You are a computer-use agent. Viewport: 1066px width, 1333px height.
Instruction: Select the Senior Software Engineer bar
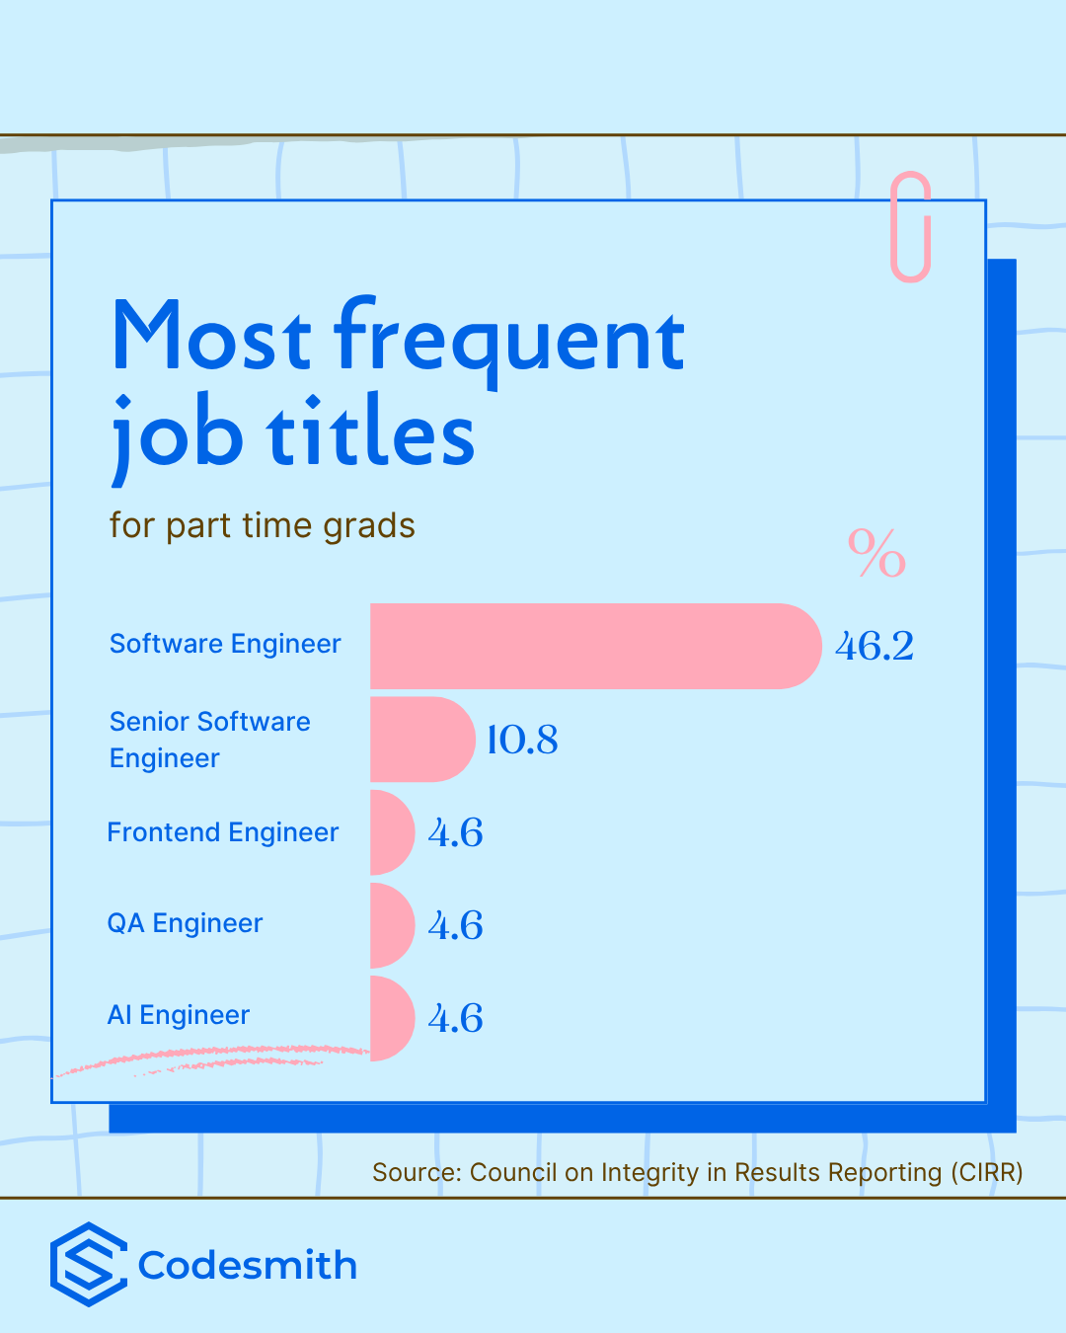[423, 739]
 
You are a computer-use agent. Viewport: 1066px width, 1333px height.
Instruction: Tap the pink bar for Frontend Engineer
[392, 831]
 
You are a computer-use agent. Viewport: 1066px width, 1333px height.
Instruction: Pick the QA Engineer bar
[392, 925]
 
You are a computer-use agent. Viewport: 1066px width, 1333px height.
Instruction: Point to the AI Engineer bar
[392, 1018]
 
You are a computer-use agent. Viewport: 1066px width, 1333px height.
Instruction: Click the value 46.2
[874, 647]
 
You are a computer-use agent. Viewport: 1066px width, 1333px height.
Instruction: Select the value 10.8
[523, 740]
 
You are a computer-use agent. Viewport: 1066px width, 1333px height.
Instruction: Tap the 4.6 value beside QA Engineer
[455, 925]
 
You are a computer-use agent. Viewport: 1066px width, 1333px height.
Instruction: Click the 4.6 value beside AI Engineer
[455, 1018]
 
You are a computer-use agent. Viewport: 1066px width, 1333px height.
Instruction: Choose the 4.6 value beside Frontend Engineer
[455, 832]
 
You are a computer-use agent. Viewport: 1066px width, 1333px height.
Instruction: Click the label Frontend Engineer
[223, 831]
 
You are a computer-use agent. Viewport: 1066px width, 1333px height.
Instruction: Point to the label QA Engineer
[185, 923]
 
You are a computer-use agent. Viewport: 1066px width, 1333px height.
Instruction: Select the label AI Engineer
[179, 1015]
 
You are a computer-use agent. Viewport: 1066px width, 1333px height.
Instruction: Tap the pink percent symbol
[876, 553]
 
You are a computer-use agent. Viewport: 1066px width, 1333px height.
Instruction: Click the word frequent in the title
[509, 341]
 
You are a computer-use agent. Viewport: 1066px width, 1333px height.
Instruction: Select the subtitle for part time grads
[262, 526]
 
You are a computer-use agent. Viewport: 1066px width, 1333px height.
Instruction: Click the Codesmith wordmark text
[247, 1265]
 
